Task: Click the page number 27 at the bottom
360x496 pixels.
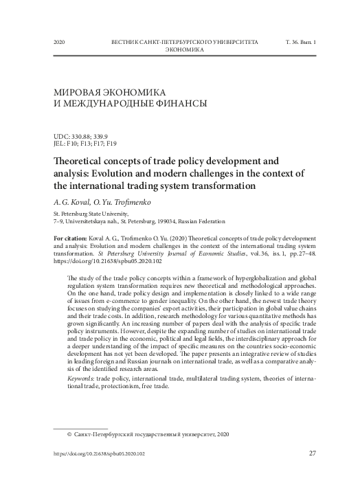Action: (x=313, y=454)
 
